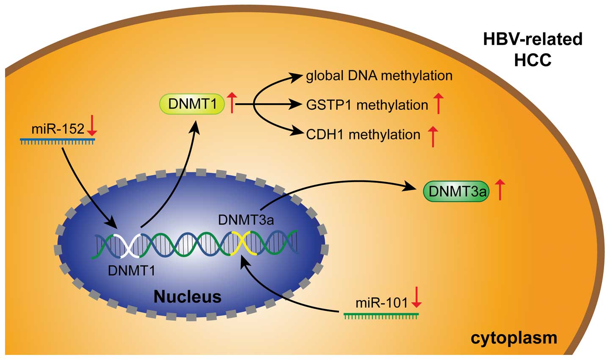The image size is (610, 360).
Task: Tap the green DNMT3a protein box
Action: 456,191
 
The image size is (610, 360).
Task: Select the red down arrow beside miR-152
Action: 92,128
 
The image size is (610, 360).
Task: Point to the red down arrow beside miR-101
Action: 417,298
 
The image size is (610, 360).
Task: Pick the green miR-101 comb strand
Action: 381,315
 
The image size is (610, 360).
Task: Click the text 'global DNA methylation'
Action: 379,76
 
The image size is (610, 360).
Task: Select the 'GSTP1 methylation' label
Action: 367,105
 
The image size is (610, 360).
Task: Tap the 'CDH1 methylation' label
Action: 363,134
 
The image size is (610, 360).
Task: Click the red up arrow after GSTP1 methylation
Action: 439,104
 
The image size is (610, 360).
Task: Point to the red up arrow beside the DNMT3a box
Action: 500,190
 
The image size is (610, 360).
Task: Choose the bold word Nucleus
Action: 188,296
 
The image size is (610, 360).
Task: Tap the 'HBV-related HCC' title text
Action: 533,50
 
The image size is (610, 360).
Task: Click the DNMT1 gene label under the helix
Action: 132,270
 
